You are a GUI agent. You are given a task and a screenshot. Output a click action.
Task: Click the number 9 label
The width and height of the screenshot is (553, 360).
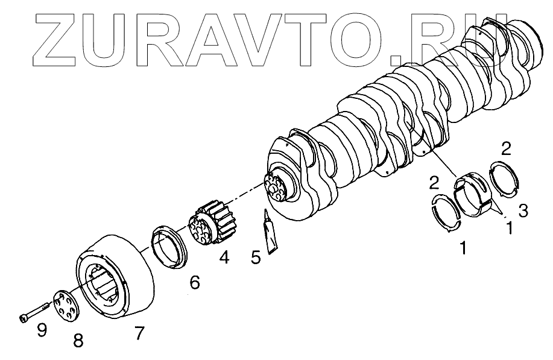42,331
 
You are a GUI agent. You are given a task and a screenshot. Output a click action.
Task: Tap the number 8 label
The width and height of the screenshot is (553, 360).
78,341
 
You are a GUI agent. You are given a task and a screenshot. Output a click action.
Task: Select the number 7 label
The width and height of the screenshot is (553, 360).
139,332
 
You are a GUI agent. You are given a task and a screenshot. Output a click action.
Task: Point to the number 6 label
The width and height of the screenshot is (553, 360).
194,282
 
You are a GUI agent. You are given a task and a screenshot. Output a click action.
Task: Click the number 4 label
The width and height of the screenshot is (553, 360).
224,258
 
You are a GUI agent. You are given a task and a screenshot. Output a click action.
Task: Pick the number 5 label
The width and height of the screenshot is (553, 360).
256,258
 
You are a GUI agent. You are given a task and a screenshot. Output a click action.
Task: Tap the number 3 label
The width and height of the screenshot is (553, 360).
523,210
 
